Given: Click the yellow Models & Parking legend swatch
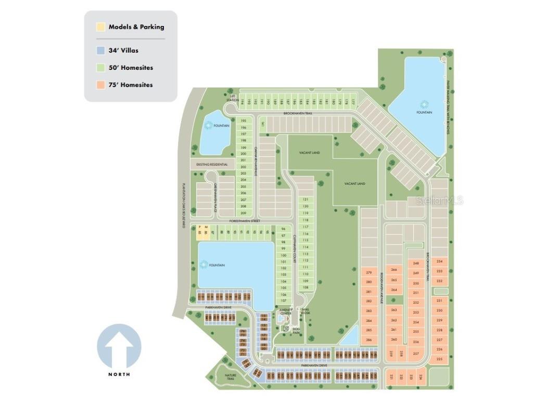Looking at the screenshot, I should click(100, 27).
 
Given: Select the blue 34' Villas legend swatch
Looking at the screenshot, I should click(100, 51).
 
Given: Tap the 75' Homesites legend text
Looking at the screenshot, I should click(131, 84).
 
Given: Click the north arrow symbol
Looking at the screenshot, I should click(119, 346).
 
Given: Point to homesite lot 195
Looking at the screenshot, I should click(243, 121).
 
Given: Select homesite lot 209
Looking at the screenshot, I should click(243, 213).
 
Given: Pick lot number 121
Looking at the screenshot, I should click(306, 199).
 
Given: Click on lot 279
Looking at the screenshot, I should click(369, 272).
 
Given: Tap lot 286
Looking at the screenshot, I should click(369, 340).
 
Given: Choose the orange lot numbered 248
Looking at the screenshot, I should click(416, 264).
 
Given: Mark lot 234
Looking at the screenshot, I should click(439, 261).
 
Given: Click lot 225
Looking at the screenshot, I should click(439, 359).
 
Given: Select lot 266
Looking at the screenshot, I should click(394, 270).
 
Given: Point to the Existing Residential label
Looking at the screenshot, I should click(212, 165).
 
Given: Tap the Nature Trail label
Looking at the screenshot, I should click(230, 376).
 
